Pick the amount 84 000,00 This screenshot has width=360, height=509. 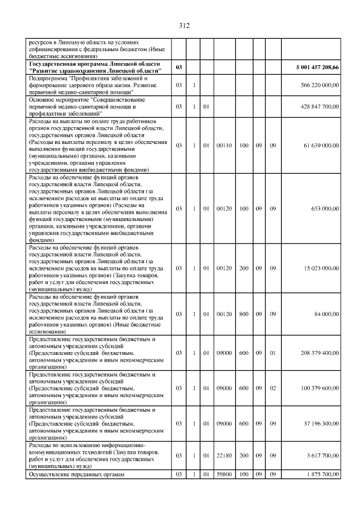327,314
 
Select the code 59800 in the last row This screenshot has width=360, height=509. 224,475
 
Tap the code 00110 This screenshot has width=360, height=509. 224,145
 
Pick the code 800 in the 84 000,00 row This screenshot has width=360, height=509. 244,314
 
